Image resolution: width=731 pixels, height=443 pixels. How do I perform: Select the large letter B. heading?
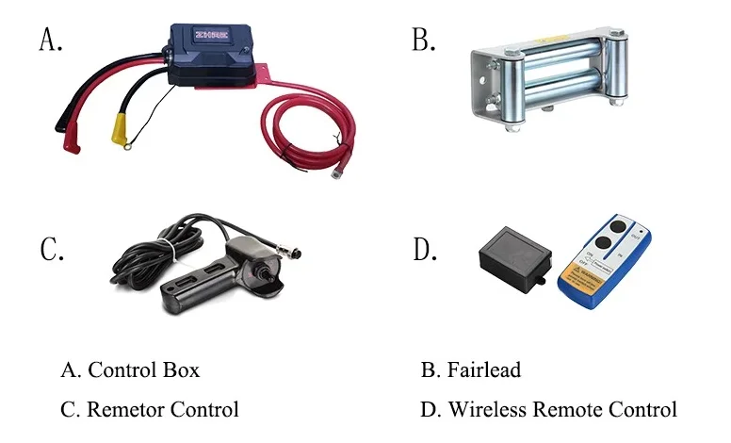pos(424,39)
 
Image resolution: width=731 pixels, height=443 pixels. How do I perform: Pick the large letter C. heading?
pos(51,250)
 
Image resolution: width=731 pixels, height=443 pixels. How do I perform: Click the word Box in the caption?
pos(184,369)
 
